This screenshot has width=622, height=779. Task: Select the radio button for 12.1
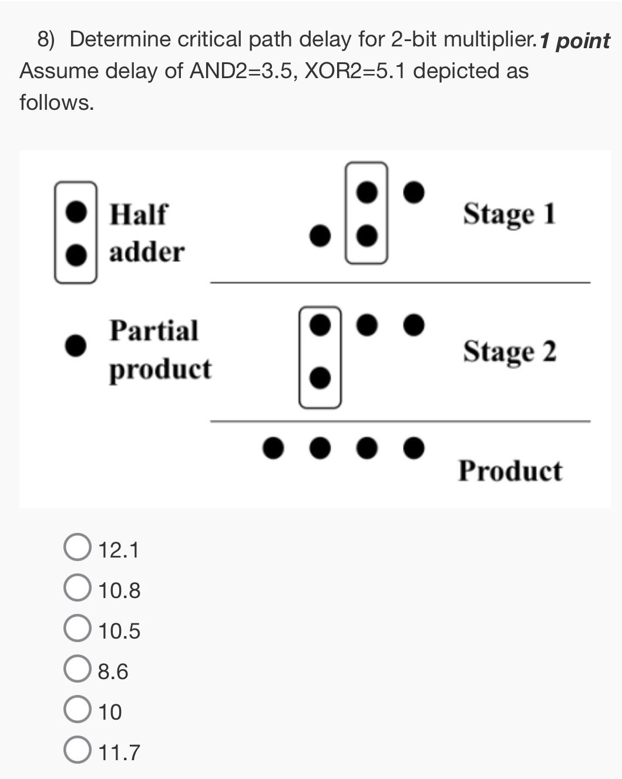pos(77,549)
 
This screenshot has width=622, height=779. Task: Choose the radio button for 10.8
pos(77,589)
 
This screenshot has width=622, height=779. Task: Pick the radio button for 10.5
pos(77,630)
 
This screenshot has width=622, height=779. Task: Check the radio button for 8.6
pos(77,670)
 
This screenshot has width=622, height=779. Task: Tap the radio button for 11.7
pos(77,751)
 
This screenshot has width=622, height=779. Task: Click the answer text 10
pos(110,712)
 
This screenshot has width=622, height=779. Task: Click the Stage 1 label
pos(509,214)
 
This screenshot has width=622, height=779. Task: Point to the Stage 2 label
pos(509,352)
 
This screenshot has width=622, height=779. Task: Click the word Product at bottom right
pos(510,471)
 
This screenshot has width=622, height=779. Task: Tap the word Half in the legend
pos(139,214)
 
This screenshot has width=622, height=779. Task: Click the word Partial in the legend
pos(154,331)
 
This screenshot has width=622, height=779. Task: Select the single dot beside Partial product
pos(76,345)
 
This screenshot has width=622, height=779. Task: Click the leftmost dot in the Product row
pos(273,448)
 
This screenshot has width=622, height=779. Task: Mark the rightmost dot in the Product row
pos(414,448)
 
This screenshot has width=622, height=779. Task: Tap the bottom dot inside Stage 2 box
pos(320,378)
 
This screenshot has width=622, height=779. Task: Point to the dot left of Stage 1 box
pos(320,236)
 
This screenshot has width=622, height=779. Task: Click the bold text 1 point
pos(575,41)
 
